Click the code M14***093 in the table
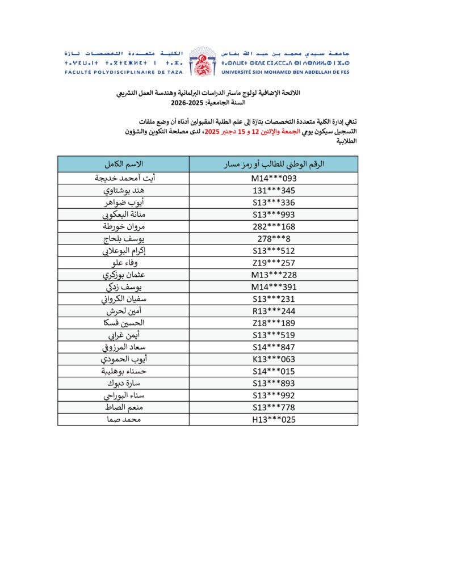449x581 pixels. point(274,178)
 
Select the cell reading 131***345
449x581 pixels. point(274,190)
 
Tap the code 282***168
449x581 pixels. point(274,226)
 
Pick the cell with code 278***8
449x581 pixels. point(274,238)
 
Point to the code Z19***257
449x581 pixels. point(274,263)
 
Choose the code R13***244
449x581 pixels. point(274,311)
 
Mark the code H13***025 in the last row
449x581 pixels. point(274,420)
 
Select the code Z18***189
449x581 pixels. point(274,323)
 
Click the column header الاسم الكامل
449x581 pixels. point(124,165)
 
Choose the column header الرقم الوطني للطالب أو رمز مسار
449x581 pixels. point(274,165)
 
